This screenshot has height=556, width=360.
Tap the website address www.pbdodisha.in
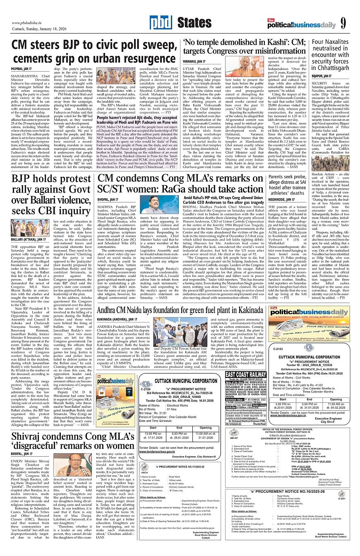(x=26, y=23)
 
